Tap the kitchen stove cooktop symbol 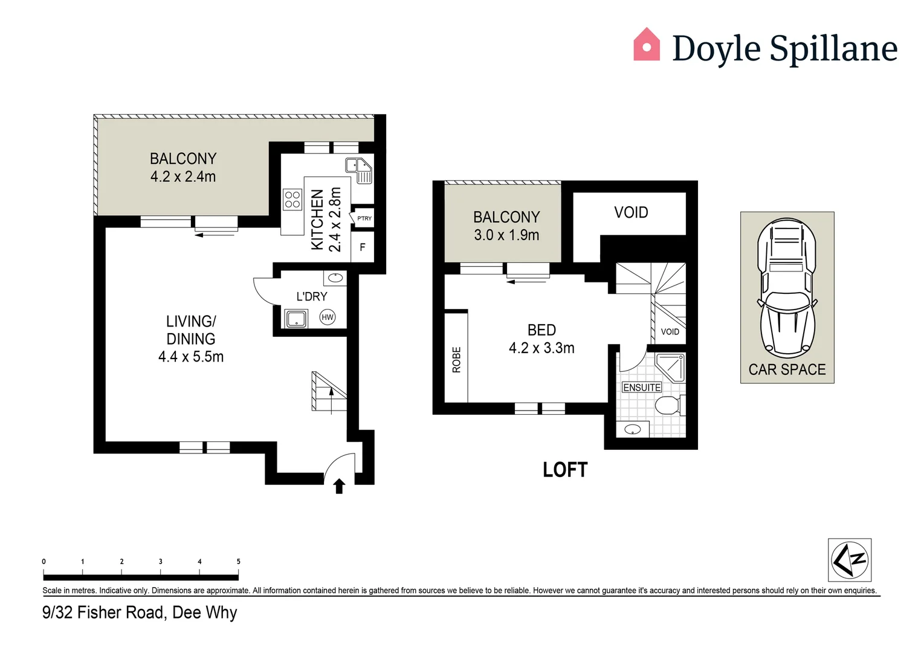(292, 200)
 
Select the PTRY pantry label (364, 218)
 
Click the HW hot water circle (328, 317)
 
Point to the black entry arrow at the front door (339, 486)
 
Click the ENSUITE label (642, 388)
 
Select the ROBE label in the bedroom (457, 360)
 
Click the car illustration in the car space (787, 287)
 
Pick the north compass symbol (849, 560)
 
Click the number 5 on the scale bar (238, 562)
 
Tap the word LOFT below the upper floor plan (565, 470)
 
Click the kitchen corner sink (359, 169)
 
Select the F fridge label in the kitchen (363, 247)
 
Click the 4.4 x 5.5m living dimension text (191, 357)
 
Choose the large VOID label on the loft (631, 212)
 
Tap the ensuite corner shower (671, 367)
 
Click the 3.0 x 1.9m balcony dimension (506, 235)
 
